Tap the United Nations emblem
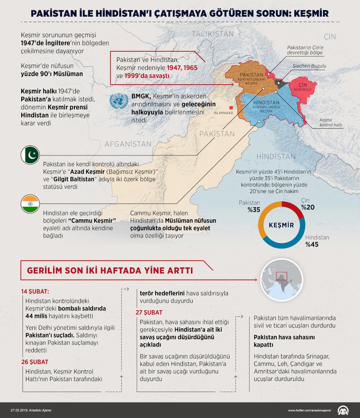point(118,101)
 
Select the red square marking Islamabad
point(230,108)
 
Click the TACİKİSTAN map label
point(213,34)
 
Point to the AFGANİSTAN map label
point(128,144)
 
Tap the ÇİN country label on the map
point(330,37)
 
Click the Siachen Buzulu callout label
point(309,66)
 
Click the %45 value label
point(312,245)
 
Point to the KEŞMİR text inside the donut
point(281,225)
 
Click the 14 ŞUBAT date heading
point(35,292)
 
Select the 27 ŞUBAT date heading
point(149,312)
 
